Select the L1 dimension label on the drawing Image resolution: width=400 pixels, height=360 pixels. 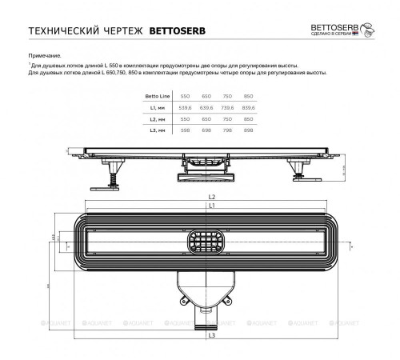211,206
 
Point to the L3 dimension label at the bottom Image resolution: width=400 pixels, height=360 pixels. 211,335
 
